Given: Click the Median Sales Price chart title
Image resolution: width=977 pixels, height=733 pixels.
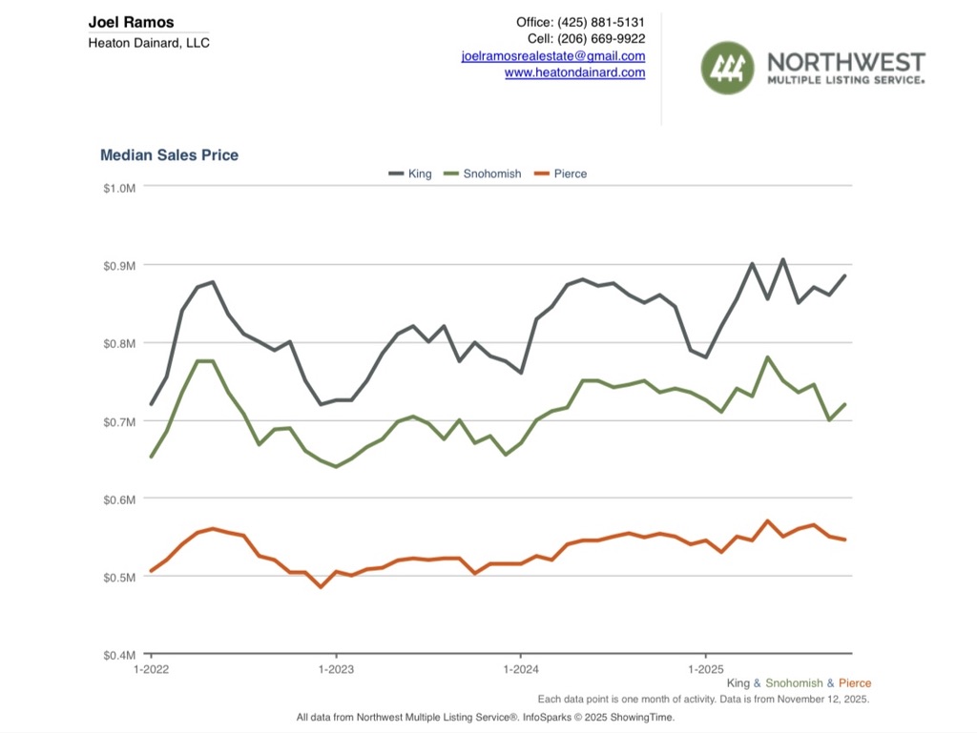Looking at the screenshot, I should point(169,155).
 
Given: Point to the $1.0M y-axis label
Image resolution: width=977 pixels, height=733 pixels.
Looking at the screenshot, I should point(120,188).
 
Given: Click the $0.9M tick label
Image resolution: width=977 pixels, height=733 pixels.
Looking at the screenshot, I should point(120,265).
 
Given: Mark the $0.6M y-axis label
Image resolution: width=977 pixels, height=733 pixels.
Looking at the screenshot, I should point(120,499).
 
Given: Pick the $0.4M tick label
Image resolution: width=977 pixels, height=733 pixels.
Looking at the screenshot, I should point(120,656).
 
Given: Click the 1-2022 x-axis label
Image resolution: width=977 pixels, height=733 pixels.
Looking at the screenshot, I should point(151,670).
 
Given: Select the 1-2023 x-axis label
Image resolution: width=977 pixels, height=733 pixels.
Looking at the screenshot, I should point(336,670).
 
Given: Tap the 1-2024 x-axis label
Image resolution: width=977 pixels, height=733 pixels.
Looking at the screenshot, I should point(520,670).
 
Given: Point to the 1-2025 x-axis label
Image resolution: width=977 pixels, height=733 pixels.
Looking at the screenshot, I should point(705,670).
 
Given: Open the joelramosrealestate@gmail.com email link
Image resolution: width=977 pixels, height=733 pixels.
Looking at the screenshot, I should point(552,56).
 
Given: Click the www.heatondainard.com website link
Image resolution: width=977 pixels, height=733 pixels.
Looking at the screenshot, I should point(574,72).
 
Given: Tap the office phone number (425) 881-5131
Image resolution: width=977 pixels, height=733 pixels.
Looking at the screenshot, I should point(608,22).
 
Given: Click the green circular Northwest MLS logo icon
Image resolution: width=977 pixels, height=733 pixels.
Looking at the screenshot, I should point(728,68).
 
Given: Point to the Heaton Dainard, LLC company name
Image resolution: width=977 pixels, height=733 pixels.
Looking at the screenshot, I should point(149,43).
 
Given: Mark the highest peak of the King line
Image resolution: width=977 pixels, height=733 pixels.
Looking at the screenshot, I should point(782,259).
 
